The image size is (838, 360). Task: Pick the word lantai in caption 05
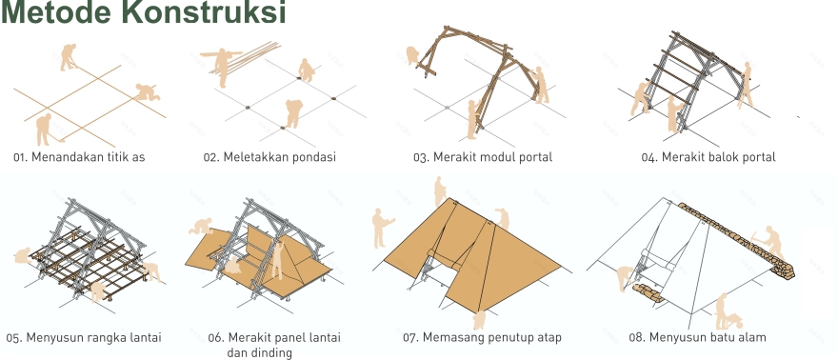coord(142,337)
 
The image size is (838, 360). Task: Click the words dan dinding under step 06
coord(259,352)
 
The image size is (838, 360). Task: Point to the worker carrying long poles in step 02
coord(222,65)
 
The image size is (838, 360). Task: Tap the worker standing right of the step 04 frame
coord(747,83)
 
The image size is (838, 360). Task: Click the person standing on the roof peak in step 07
coord(439,190)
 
